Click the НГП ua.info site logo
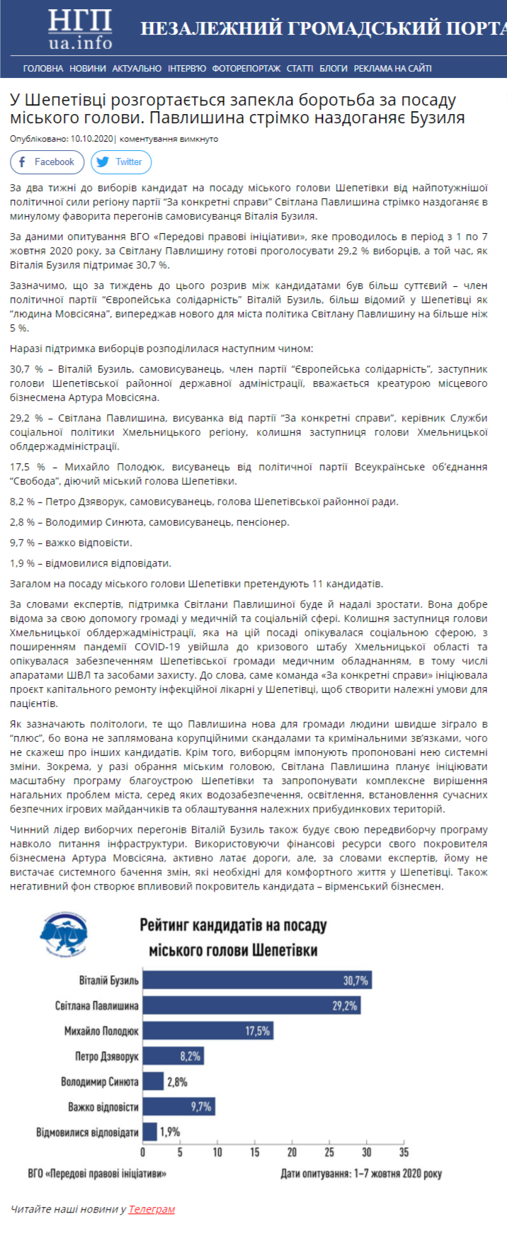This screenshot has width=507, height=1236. coord(80,29)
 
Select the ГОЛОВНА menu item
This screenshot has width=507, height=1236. coord(43,69)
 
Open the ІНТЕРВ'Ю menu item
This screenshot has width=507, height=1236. coord(187,69)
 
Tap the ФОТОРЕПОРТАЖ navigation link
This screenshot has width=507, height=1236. coord(246,69)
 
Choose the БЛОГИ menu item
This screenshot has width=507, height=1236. coord(334,69)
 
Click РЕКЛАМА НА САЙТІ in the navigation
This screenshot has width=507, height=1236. coord(392,69)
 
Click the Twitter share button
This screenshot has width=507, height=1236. coord(120,162)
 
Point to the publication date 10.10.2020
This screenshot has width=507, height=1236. coord(92,139)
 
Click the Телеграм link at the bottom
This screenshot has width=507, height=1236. coord(152,1209)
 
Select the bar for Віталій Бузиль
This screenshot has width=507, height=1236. coord(256,980)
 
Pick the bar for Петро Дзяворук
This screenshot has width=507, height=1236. coord(173,1056)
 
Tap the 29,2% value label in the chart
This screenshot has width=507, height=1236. coord(345,1006)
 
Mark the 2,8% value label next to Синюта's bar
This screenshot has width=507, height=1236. coord(177,1082)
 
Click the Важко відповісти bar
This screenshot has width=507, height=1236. coord(178,1106)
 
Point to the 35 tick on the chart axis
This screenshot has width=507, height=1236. coord(404,1152)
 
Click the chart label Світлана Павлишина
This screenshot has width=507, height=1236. coord(97,1006)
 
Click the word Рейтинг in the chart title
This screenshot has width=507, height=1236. coord(164,925)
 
